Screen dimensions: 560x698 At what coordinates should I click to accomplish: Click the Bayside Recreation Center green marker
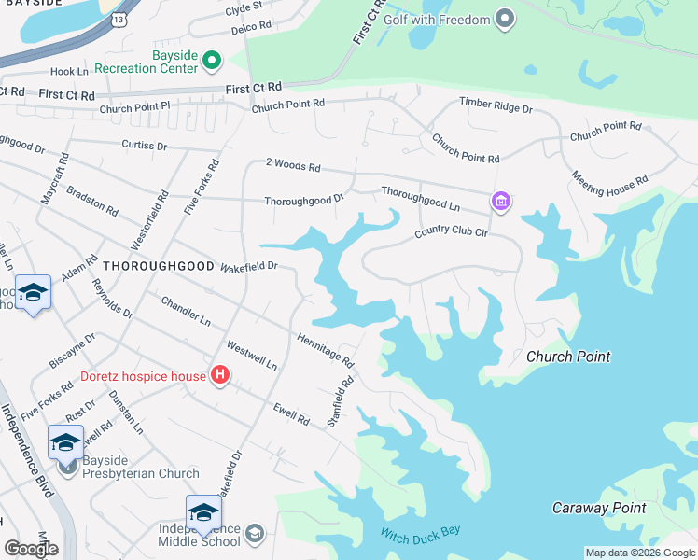[212, 61]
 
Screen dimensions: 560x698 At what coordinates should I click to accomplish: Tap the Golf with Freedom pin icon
[505, 20]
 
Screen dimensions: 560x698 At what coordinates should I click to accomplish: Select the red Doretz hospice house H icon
[220, 376]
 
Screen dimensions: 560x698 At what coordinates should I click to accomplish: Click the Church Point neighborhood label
[567, 357]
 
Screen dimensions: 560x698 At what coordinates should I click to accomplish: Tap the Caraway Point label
[598, 508]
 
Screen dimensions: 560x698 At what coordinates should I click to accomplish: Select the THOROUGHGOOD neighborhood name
[158, 266]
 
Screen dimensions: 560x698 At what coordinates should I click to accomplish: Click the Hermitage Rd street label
[326, 349]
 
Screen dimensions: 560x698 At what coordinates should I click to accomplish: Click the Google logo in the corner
[31, 548]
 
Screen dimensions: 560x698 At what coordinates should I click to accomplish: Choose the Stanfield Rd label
[342, 400]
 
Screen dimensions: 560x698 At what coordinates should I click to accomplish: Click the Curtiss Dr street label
[144, 147]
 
